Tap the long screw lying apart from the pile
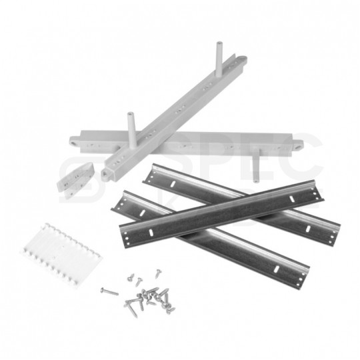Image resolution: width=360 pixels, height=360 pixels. pyautogui.click(x=109, y=291)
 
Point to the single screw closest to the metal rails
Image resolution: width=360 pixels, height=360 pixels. pyautogui.click(x=159, y=273)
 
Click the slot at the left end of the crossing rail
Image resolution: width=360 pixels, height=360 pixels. pyautogui.click(x=151, y=231)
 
